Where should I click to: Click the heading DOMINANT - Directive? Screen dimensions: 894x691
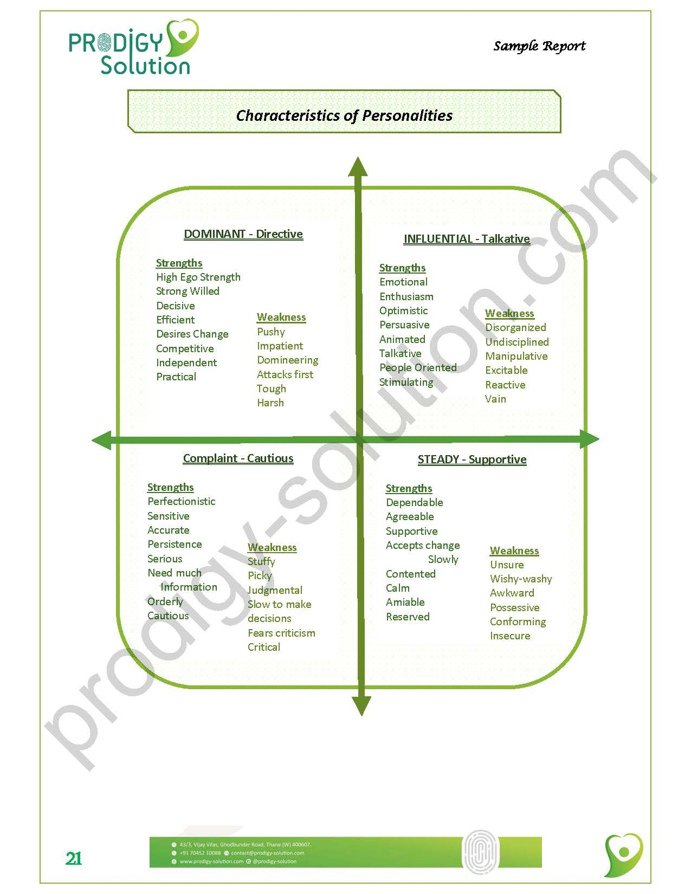243,234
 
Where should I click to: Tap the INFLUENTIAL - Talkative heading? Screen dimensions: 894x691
467,239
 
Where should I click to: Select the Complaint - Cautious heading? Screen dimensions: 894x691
238,458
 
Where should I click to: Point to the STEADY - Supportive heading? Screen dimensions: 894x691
472,459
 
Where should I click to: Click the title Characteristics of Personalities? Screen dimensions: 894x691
344,115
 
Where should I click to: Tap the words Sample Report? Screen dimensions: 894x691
539,46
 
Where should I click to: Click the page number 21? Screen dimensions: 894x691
74,858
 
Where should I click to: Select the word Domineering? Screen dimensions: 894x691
287,360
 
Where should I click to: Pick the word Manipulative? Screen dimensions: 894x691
516,357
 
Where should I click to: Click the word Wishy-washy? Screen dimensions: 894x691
521,579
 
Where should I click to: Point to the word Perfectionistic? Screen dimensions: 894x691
181,502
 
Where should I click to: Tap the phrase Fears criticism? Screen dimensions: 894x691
281,633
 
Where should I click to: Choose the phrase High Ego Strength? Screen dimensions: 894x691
198,277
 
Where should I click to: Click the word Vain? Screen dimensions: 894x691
495,399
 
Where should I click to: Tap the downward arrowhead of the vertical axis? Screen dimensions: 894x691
361,705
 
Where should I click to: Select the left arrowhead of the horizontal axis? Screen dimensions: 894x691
102,440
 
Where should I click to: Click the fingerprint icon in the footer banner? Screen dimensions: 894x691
480,851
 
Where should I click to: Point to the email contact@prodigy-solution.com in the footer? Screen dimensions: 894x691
267,853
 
